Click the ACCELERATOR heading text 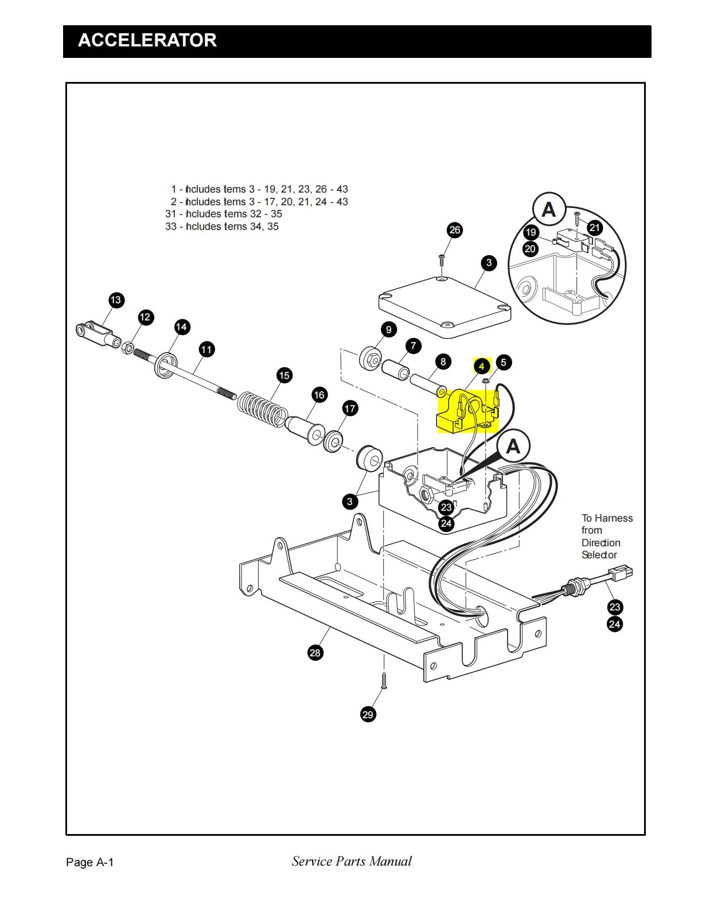[x=147, y=40]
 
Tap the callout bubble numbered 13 [x=116, y=300]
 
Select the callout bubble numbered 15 [x=284, y=375]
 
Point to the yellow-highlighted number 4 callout [x=482, y=366]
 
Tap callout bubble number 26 [x=455, y=230]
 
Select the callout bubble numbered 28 [x=315, y=653]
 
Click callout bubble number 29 [x=368, y=714]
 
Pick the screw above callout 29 [x=384, y=680]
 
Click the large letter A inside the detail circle [x=549, y=210]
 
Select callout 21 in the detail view [x=595, y=228]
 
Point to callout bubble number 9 [x=389, y=330]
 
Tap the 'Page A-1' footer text [x=90, y=862]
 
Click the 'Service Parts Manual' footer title [x=352, y=861]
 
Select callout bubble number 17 [x=350, y=409]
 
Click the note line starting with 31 [x=224, y=214]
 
